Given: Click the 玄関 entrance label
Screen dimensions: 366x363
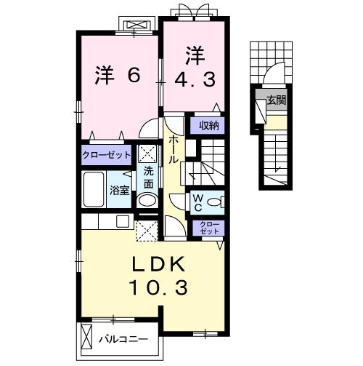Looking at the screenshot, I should [276, 100].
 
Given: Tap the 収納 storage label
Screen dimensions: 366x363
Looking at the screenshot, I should [209, 126].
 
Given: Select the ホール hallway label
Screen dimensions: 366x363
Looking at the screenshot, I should [174, 148].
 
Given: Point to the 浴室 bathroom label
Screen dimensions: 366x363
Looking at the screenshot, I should [119, 191].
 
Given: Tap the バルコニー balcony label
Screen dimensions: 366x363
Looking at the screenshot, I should [123, 339].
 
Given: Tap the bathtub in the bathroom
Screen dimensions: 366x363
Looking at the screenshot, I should [94, 191].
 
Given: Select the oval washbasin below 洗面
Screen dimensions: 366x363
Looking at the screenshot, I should [147, 202].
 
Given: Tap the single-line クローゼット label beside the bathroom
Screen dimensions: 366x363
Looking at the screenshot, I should [106, 155].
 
